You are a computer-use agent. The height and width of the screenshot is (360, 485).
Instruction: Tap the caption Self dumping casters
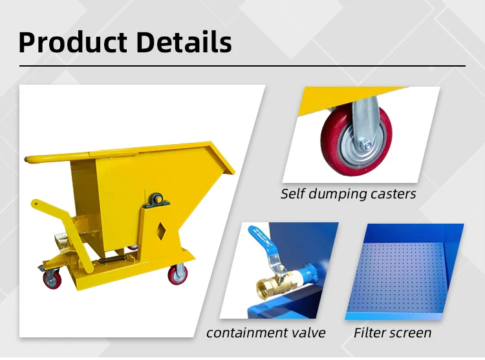coord(348,193)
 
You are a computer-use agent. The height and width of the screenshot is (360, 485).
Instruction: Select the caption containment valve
coord(266,333)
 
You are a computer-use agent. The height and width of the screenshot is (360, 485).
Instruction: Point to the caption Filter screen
coord(392,333)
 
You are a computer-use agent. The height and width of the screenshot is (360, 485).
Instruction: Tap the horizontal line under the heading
coord(242,66)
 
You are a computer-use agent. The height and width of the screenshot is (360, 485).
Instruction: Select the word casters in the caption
coord(392,193)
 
